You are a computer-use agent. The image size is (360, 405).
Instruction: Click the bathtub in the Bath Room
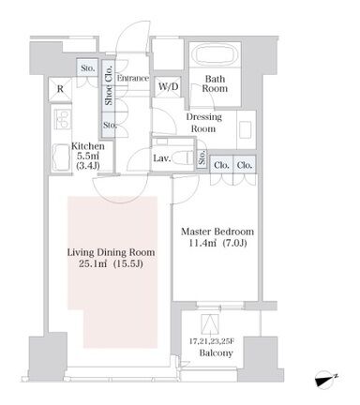[x=215, y=55]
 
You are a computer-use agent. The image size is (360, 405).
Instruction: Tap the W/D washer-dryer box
[x=168, y=86]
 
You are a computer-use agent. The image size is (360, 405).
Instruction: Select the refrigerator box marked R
[x=60, y=89]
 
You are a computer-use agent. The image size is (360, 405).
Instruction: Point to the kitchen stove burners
[x=63, y=119]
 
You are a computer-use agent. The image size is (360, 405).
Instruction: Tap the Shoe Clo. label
[x=109, y=85]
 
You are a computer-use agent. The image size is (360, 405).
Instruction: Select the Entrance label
[x=133, y=78]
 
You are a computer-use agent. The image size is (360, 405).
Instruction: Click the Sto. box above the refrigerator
[x=87, y=68]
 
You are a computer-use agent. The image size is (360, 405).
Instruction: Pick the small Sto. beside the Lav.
[x=202, y=157]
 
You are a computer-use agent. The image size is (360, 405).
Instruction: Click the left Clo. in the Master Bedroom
[x=221, y=165]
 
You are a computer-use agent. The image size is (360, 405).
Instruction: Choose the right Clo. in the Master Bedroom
[x=245, y=165]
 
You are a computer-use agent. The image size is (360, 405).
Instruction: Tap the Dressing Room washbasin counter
[x=247, y=129]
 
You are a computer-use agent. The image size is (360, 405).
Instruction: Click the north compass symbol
[x=325, y=380]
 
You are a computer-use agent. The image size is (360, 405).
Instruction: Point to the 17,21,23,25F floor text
[x=212, y=341]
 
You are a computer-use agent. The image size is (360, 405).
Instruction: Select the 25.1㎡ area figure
[x=93, y=264]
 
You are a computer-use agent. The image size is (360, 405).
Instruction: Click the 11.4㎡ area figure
[x=202, y=243]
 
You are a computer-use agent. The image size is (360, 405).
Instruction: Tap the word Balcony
[x=216, y=353]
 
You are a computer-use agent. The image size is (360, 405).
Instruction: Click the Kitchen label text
[x=88, y=146]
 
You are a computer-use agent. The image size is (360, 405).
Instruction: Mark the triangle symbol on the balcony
[x=210, y=323]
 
